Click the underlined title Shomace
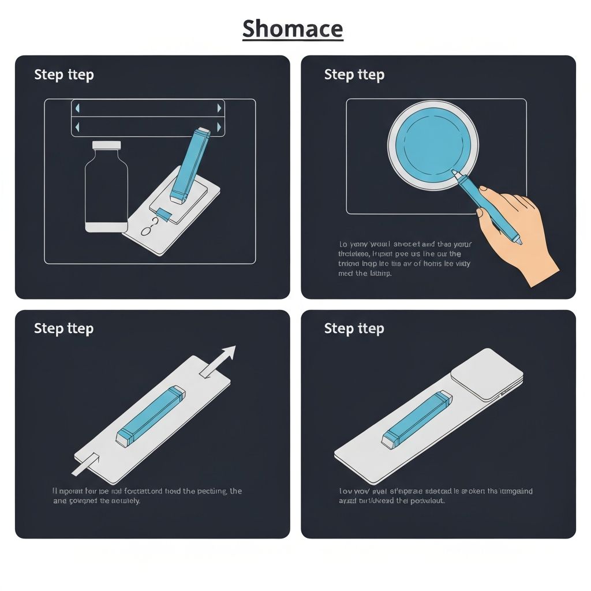(292, 28)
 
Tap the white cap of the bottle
(107, 145)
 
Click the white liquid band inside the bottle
(107, 227)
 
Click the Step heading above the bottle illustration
(63, 74)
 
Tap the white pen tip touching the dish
(455, 173)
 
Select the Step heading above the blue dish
(354, 74)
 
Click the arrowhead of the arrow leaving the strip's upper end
(228, 353)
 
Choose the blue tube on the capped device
(416, 418)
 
